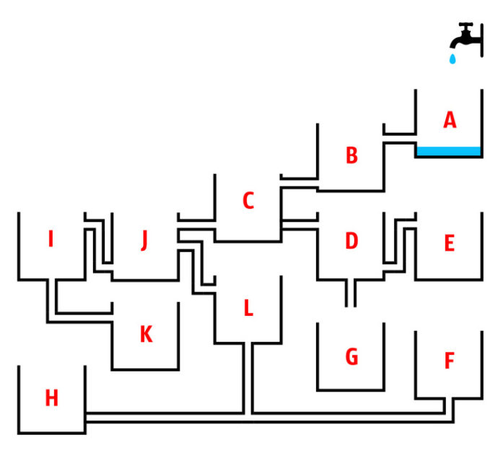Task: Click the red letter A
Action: coord(450,119)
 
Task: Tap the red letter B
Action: coord(351,155)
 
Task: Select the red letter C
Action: coord(248,200)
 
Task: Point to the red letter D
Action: coord(351,241)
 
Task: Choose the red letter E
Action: coord(450,243)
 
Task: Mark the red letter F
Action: coord(450,361)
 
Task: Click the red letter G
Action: coord(351,356)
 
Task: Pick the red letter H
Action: coord(52,397)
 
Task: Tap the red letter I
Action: coord(51,238)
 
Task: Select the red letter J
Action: coord(144,241)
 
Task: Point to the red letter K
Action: coord(147,334)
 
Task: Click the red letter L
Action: coord(248,308)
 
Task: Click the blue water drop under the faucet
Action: coord(453,59)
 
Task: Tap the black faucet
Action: coord(466,40)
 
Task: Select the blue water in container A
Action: coord(448,151)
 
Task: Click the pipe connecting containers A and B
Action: coord(400,138)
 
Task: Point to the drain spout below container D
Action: coord(351,293)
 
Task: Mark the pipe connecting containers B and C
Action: coord(300,183)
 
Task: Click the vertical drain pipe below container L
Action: coord(248,379)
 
